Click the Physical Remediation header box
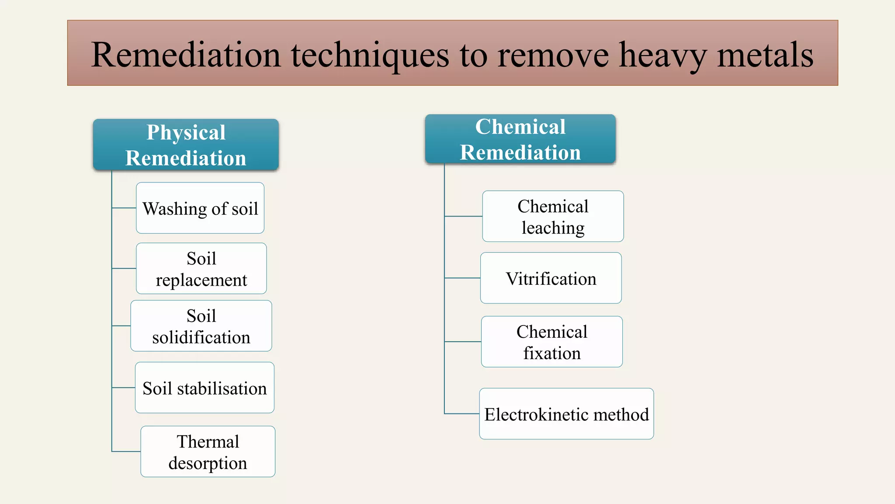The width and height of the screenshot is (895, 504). (186, 145)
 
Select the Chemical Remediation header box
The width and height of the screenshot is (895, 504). (520, 140)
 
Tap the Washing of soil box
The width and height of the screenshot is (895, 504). (200, 208)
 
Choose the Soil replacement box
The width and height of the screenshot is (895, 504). (201, 269)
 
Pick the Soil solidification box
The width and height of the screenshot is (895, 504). (201, 326)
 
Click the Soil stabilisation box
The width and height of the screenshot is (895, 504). (205, 388)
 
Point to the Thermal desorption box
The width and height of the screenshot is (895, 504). (208, 451)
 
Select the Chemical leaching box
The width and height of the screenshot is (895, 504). (553, 217)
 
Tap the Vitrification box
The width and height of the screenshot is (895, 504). (551, 278)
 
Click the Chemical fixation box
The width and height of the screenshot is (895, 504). (552, 342)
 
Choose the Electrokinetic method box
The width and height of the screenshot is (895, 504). (566, 414)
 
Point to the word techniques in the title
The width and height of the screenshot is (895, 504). (370, 56)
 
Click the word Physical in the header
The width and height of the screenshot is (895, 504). (186, 132)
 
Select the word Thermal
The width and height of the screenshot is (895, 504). (208, 441)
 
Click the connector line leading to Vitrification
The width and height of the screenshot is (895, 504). (462, 278)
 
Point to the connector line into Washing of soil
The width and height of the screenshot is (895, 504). (124, 208)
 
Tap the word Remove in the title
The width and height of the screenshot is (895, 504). (553, 56)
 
